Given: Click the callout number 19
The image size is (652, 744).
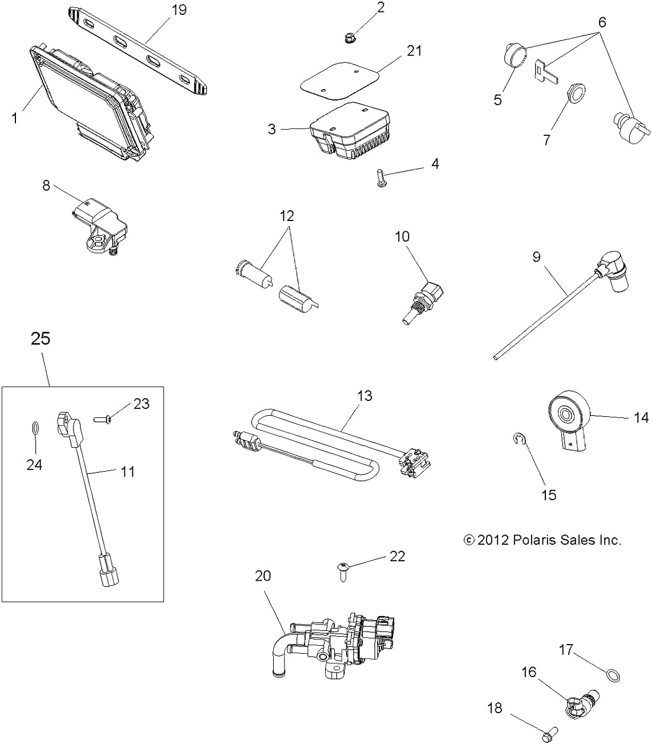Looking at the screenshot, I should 179,10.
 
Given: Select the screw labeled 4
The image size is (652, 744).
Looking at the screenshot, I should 380,178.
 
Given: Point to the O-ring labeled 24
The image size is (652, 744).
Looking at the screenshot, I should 34,428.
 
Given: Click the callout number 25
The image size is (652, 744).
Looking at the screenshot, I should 41,339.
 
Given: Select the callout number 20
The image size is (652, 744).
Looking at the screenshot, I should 262,576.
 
